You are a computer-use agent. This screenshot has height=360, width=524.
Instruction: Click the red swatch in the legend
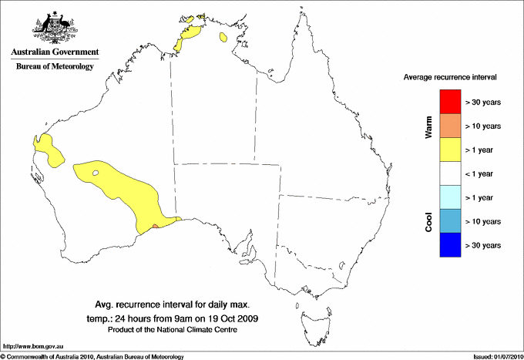point(450,102)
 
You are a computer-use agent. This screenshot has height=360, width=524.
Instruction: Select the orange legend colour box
point(450,126)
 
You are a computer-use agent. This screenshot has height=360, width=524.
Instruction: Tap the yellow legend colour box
point(450,150)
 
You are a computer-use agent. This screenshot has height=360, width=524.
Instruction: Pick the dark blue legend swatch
point(450,245)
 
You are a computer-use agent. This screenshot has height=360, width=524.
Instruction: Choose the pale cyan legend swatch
point(450,197)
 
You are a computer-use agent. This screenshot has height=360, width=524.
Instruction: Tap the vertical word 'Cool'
point(429,220)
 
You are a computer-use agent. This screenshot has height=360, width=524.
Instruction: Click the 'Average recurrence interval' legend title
point(450,78)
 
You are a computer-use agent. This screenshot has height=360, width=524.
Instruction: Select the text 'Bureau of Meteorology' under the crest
point(55,66)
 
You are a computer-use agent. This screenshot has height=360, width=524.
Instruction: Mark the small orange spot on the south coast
point(156,226)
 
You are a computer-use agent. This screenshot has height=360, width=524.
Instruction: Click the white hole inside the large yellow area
point(96,173)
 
